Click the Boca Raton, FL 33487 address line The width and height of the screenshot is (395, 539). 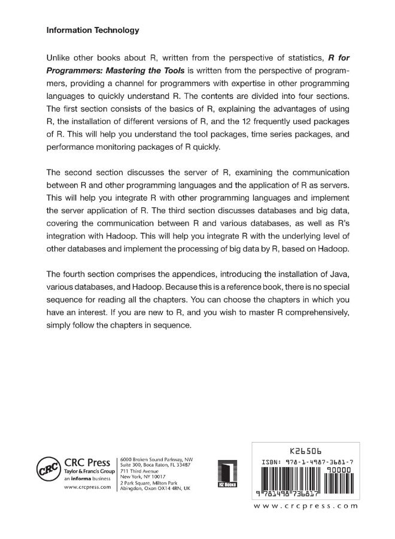155,465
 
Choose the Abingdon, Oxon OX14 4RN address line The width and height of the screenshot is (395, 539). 155,488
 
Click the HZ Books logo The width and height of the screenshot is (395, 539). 227,473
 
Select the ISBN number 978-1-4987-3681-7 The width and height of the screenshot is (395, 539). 321,462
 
